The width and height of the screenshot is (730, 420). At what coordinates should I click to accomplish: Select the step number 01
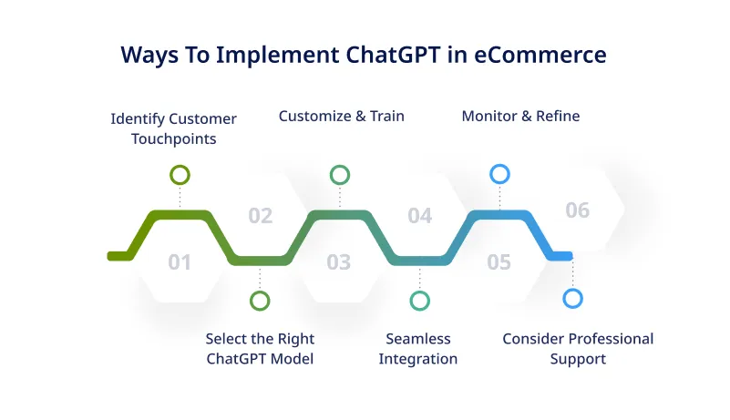tap(180, 263)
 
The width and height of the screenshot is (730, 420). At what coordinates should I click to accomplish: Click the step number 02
tap(261, 216)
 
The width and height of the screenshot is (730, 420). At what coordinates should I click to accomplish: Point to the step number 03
tap(338, 263)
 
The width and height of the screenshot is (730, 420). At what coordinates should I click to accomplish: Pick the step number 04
tap(419, 216)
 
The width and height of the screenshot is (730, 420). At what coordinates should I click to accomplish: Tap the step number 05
tap(499, 263)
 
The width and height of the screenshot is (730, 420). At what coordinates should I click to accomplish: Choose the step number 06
tap(578, 210)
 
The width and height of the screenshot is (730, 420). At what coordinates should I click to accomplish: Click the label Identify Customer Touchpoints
tap(173, 129)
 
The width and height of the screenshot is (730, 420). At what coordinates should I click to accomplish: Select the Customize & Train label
tap(341, 116)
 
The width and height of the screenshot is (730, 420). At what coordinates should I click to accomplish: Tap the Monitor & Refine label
tap(520, 116)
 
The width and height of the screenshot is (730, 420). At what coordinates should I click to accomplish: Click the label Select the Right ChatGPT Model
tap(260, 348)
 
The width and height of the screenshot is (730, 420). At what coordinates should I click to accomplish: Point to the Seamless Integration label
tap(418, 348)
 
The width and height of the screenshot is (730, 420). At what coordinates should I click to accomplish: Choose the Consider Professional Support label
tap(578, 348)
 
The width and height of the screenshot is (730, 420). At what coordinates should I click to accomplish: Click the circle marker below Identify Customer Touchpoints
tap(180, 174)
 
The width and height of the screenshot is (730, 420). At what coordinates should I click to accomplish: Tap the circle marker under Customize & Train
tap(339, 174)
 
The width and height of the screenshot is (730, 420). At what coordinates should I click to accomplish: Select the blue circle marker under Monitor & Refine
tap(499, 174)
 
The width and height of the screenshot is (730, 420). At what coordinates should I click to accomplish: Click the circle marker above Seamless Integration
tap(419, 301)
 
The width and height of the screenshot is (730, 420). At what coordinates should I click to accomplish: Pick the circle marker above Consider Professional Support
tap(572, 298)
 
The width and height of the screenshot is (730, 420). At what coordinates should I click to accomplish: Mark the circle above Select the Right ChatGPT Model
tap(260, 301)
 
